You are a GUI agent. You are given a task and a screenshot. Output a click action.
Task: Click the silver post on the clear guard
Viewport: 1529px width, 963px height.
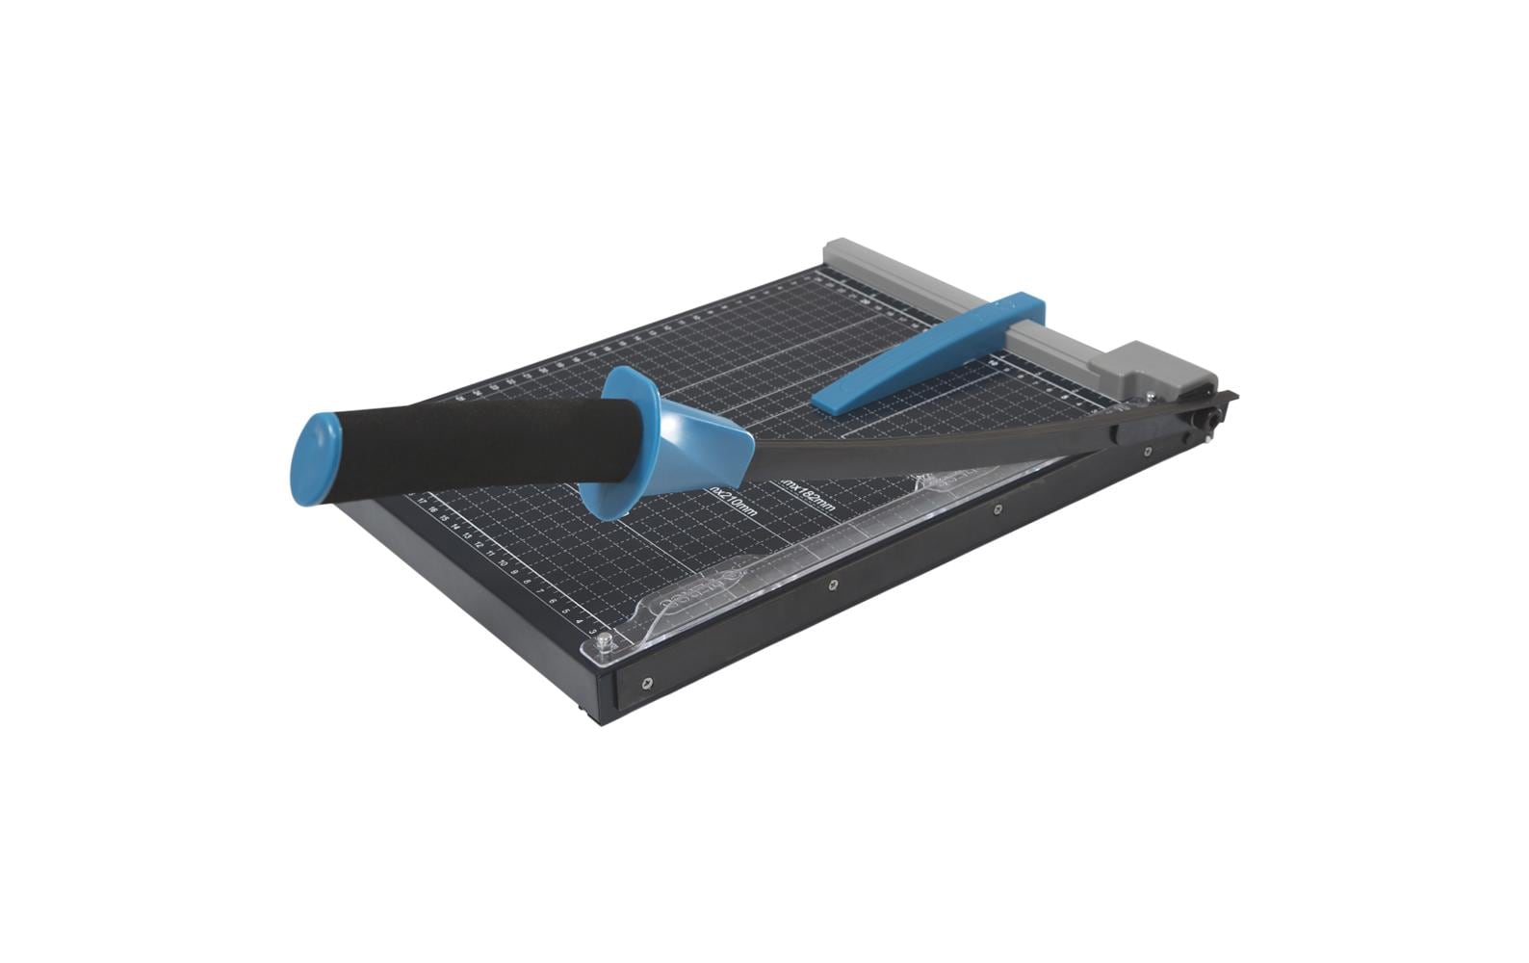click(604, 640)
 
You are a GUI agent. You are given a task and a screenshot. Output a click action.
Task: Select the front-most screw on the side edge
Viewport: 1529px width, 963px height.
click(645, 684)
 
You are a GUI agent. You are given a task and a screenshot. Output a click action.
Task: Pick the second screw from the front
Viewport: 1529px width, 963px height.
click(832, 584)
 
